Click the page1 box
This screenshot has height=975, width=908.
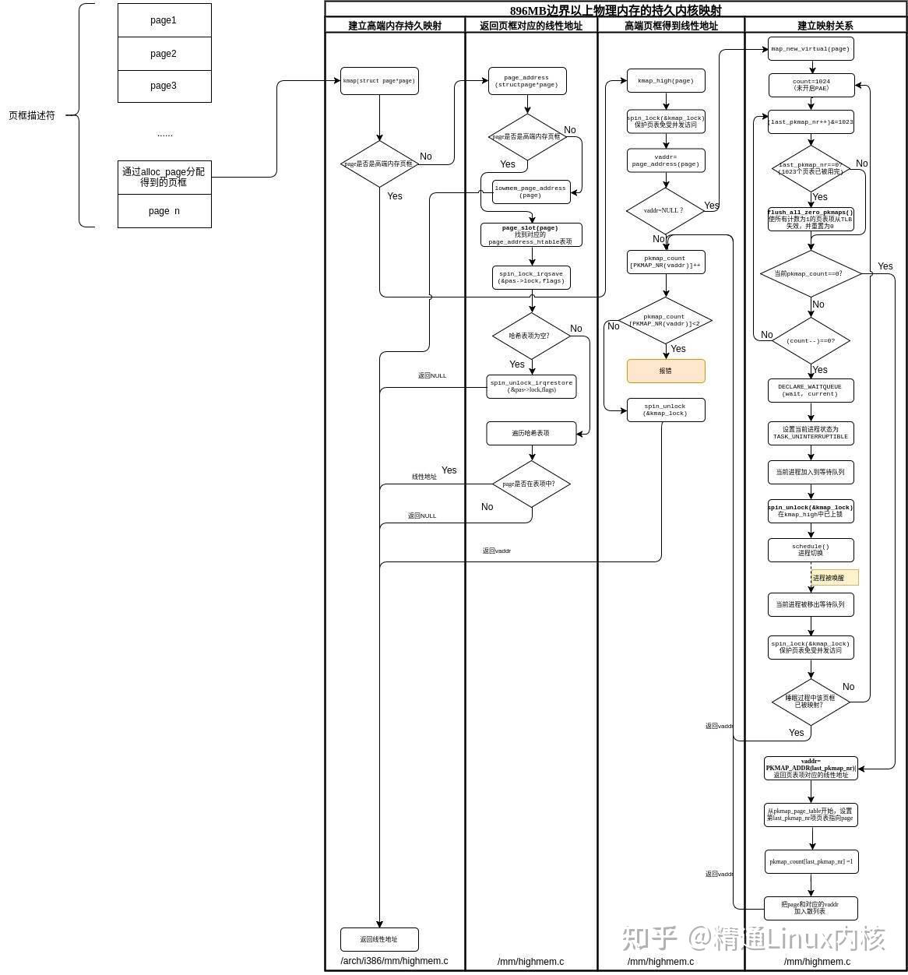tap(164, 20)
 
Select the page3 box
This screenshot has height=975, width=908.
tap(164, 86)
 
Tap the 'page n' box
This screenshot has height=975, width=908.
tap(164, 211)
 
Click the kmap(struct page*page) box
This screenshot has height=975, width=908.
tap(379, 81)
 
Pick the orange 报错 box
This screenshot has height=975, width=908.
tap(666, 371)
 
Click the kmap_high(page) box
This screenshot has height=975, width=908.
tap(666, 81)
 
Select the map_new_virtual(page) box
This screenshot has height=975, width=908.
tap(810, 49)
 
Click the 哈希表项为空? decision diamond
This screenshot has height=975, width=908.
tap(531, 336)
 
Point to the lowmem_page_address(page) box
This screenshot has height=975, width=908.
tap(531, 192)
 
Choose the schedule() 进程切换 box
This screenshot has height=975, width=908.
tap(811, 550)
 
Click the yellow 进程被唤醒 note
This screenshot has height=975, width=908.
tap(834, 578)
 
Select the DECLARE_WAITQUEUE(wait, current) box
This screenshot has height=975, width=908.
tap(811, 390)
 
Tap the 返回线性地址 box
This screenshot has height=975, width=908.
tap(379, 939)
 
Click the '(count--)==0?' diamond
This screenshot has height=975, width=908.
tap(811, 340)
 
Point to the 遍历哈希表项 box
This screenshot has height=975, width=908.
tap(531, 433)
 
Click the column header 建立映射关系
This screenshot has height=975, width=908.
tap(825, 26)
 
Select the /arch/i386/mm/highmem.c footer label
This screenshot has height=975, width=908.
tap(394, 961)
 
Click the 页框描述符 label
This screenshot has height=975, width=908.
tap(32, 115)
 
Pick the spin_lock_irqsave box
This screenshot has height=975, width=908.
tap(531, 277)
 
